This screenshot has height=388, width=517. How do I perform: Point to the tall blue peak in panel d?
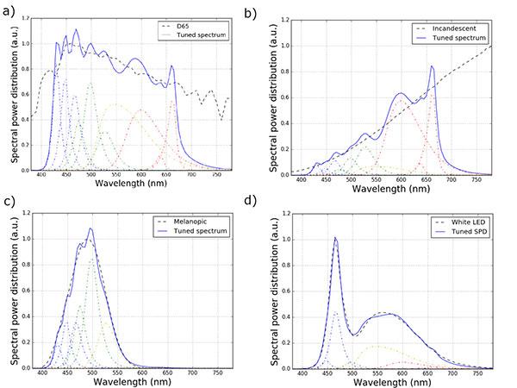click(335, 238)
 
